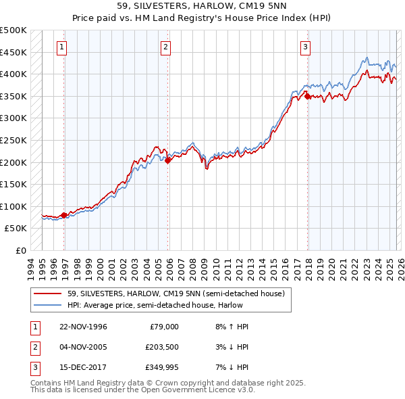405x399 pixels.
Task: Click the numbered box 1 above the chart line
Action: click(61, 47)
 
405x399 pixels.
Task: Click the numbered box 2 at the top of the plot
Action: click(165, 47)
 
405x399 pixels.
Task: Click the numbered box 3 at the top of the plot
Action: click(305, 47)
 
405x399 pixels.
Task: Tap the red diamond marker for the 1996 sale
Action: click(64, 216)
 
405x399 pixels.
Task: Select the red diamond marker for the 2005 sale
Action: click(168, 161)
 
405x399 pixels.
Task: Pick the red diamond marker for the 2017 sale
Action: click(308, 97)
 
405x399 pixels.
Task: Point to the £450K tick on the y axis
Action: click(13, 52)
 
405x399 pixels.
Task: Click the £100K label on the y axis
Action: click(13, 206)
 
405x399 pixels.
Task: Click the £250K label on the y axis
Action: click(13, 140)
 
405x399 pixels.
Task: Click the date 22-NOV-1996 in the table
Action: click(83, 327)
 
